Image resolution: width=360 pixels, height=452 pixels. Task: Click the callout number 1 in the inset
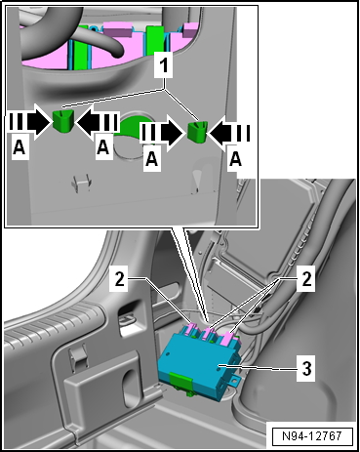165,65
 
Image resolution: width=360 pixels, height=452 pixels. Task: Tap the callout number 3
305,369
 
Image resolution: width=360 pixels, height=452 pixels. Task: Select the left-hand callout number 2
120,278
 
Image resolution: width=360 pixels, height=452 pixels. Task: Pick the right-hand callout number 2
306,278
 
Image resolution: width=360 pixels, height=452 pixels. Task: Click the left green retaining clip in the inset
63,121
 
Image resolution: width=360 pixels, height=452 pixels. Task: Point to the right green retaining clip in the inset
198,132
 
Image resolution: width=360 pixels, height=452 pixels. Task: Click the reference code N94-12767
311,435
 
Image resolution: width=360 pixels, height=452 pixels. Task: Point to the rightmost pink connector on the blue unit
229,338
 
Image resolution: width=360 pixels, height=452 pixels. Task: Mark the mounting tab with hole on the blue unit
235,381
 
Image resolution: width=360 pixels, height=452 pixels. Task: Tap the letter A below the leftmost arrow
20,148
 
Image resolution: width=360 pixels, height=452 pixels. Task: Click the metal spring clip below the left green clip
81,184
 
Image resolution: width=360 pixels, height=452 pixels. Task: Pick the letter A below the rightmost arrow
235,159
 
